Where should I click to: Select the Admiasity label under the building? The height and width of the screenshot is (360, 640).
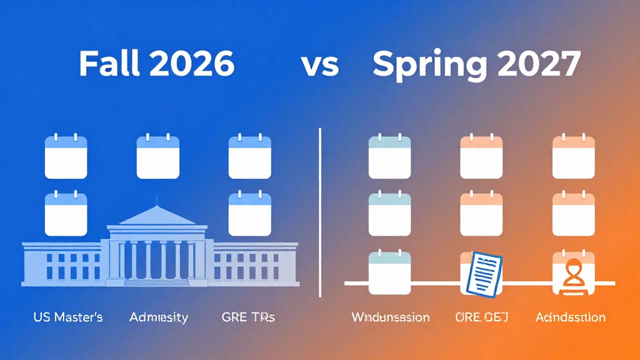(159, 317)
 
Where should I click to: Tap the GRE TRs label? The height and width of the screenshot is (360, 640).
(248, 317)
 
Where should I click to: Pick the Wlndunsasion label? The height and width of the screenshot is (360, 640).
(390, 317)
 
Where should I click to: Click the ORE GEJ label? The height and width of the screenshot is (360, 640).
(482, 317)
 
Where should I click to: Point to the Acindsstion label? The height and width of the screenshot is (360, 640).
(571, 317)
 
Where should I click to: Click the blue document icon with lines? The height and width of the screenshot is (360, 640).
(482, 272)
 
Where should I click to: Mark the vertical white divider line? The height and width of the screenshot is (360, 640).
(320, 212)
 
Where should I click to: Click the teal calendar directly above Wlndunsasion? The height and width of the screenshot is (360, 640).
(389, 272)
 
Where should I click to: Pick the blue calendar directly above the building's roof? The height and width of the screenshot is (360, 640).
(158, 155)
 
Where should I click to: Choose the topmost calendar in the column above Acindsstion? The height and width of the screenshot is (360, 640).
(573, 155)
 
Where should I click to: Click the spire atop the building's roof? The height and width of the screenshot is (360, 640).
(158, 201)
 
